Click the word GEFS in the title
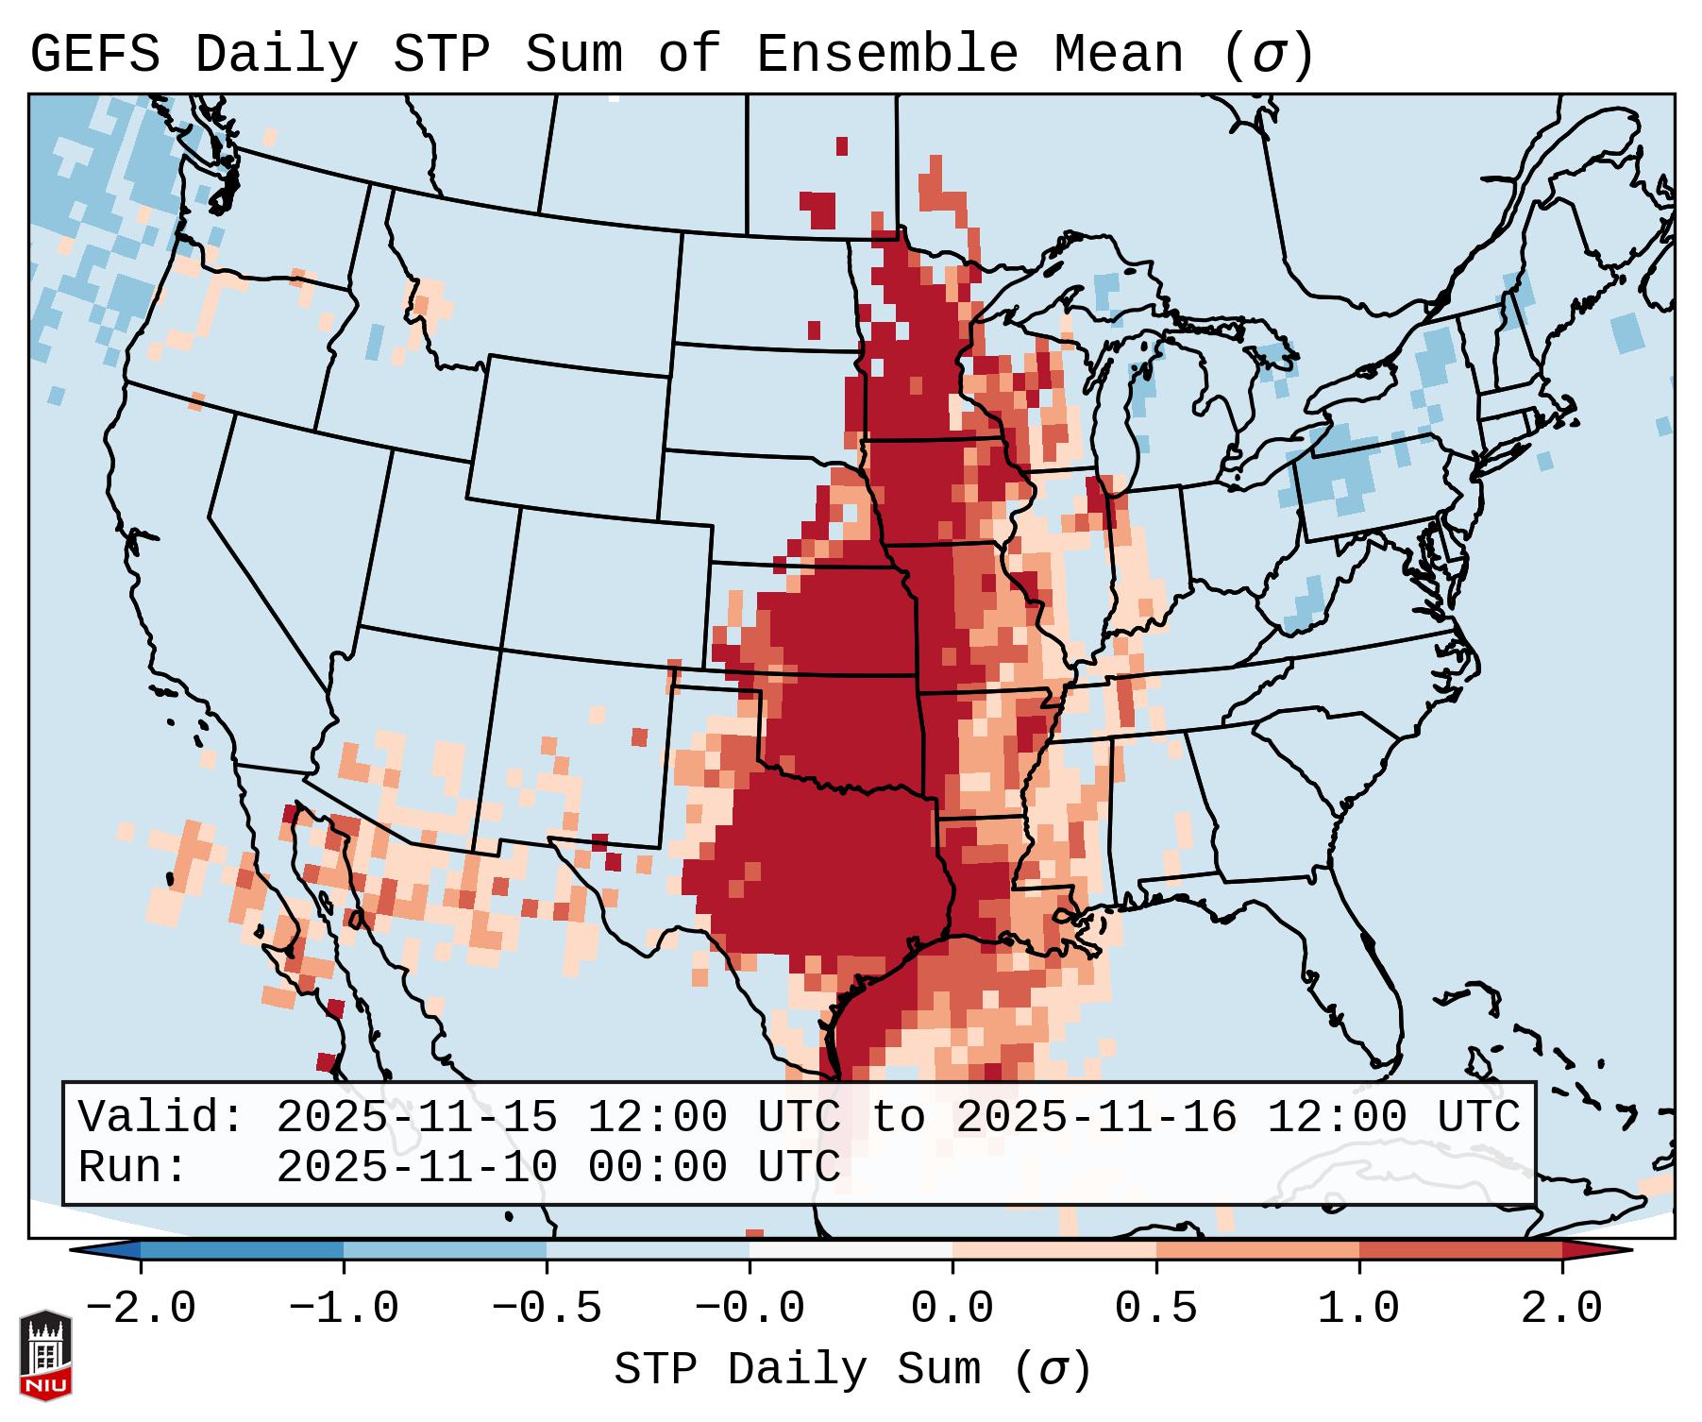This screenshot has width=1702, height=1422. [x=94, y=55]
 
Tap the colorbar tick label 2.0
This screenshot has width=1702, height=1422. [x=1561, y=1309]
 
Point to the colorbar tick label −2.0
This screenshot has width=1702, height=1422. [x=141, y=1309]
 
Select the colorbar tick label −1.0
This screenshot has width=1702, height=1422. [x=344, y=1309]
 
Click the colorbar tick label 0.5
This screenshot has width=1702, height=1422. [x=1155, y=1309]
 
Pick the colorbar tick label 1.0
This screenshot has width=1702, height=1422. [x=1358, y=1309]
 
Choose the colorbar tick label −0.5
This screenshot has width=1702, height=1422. [x=547, y=1309]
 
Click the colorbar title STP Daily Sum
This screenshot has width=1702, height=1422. [x=797, y=1369]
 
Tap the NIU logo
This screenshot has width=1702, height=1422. [x=45, y=1354]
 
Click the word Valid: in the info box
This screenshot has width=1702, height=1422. [x=160, y=1118]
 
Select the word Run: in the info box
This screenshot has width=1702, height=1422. [x=132, y=1168]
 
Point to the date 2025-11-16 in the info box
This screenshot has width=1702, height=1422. [x=1095, y=1118]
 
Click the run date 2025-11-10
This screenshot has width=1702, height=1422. [x=415, y=1168]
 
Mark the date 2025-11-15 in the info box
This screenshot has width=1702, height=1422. [x=415, y=1118]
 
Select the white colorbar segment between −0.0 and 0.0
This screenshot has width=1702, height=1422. [x=851, y=1251]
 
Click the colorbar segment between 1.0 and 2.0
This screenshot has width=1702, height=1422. [x=1460, y=1251]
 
